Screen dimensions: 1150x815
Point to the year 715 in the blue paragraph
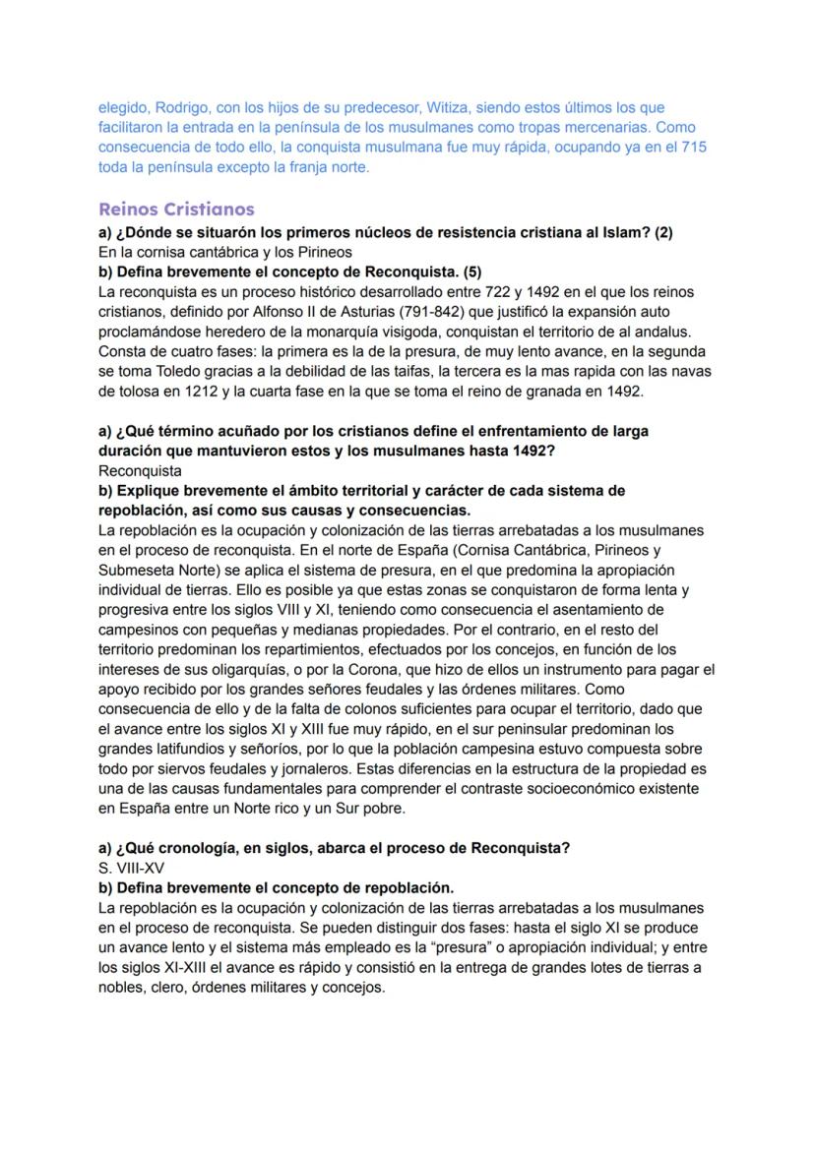pos(693,147)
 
